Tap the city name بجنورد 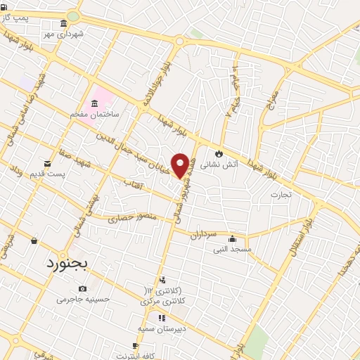(x=67, y=264)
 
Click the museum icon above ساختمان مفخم (x=95, y=103)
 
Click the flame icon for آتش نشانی (x=219, y=153)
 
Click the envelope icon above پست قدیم (x=48, y=163)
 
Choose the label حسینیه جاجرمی (x=84, y=299)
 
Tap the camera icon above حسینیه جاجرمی (x=83, y=288)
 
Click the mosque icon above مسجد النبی (x=232, y=238)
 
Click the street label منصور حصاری (x=130, y=219)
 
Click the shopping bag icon (x=34, y=241)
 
